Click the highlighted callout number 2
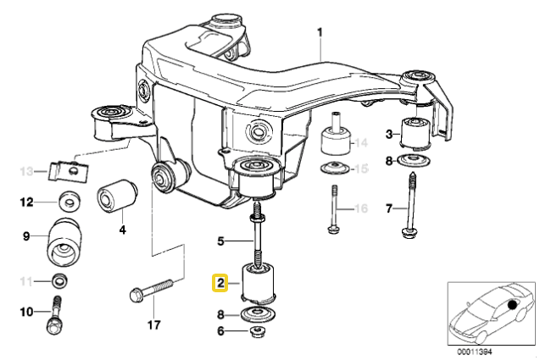point(220,283)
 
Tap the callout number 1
point(320,33)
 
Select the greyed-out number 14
point(361,142)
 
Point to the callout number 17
point(154,324)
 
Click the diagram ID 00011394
point(475,352)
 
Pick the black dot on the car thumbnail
point(513,305)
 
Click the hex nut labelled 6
point(257,332)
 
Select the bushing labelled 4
point(118,195)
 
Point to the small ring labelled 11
point(59,281)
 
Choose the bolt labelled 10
point(55,315)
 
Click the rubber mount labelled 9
point(64,242)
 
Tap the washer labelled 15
point(335,169)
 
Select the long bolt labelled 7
point(409,206)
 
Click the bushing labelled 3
point(415,134)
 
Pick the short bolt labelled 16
point(334,209)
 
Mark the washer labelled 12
point(70,201)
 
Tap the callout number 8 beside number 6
point(220,314)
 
